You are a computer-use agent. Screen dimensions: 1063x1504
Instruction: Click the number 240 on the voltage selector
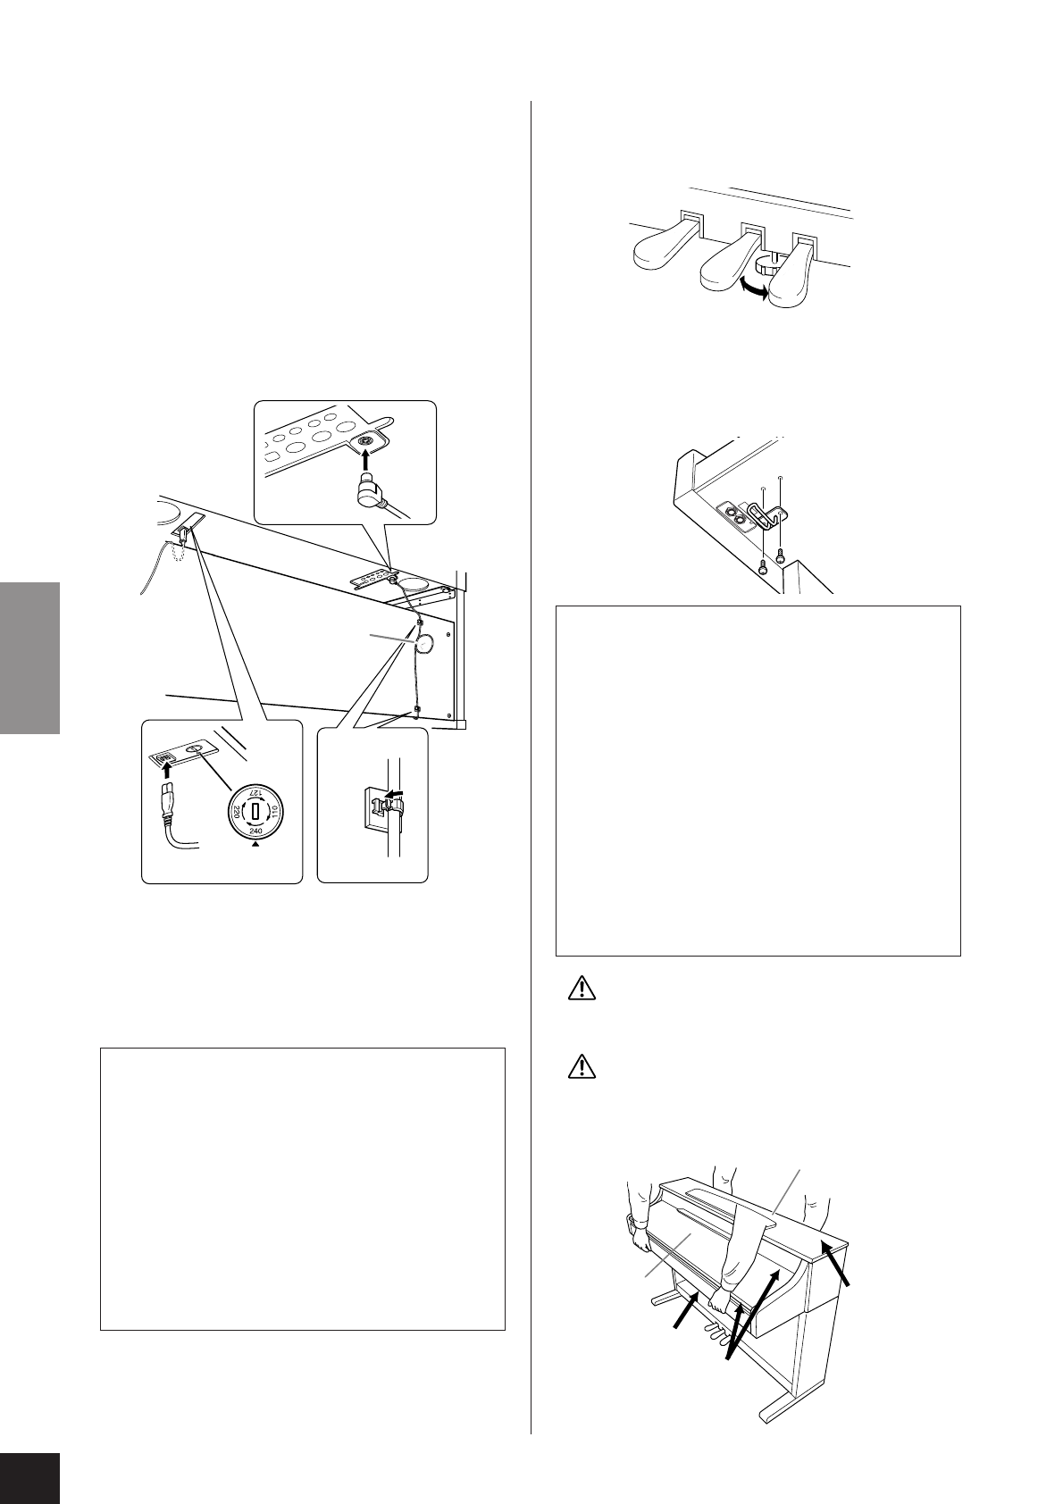click(255, 829)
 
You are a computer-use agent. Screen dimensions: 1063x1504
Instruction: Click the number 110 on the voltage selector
click(275, 812)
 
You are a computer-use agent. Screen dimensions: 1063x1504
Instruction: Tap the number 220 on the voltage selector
click(236, 812)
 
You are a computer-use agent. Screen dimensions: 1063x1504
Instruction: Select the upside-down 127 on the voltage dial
click(255, 793)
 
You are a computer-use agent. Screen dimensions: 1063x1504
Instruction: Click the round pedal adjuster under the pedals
click(766, 263)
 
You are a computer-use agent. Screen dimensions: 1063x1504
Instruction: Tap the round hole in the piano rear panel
click(425, 642)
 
